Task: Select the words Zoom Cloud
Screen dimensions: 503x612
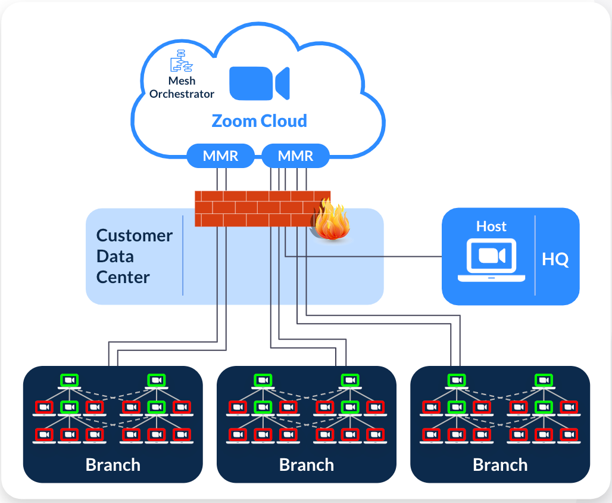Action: [x=260, y=121]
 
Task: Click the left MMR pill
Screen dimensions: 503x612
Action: [x=221, y=156]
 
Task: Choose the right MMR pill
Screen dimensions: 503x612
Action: [x=295, y=156]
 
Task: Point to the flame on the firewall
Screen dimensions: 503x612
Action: [x=332, y=222]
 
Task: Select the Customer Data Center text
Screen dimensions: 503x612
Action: [x=135, y=256]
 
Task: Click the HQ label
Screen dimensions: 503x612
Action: [x=555, y=259]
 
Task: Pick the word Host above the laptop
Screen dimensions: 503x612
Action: [x=491, y=226]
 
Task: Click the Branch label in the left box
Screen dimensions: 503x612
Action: [x=113, y=465]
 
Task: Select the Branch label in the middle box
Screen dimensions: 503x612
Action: [x=307, y=465]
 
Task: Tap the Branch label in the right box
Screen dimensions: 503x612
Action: [x=500, y=465]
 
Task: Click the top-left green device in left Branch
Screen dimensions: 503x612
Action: [x=70, y=380]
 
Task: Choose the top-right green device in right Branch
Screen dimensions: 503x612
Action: [x=542, y=380]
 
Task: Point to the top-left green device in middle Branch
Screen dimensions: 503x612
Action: [x=263, y=380]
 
